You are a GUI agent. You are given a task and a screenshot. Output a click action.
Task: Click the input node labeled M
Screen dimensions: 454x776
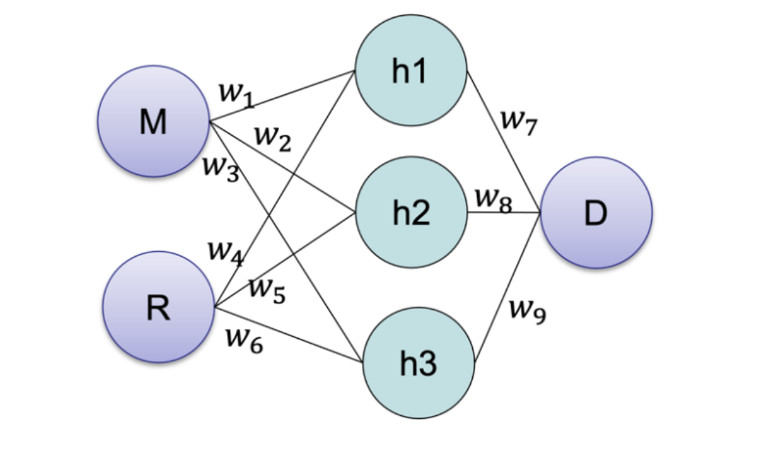(153, 121)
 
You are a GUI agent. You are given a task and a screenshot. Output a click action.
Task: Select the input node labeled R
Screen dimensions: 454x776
(158, 307)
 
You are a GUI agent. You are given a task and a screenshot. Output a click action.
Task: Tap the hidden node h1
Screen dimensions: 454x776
(410, 71)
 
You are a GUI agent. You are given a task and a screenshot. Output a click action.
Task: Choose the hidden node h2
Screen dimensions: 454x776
(411, 213)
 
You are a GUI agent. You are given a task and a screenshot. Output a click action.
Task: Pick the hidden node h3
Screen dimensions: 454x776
(419, 363)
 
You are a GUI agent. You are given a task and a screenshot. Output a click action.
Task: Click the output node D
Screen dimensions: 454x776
(596, 213)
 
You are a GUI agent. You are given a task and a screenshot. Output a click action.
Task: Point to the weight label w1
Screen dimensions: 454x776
(235, 95)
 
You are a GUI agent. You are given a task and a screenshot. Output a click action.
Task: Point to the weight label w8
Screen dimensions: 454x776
(493, 199)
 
